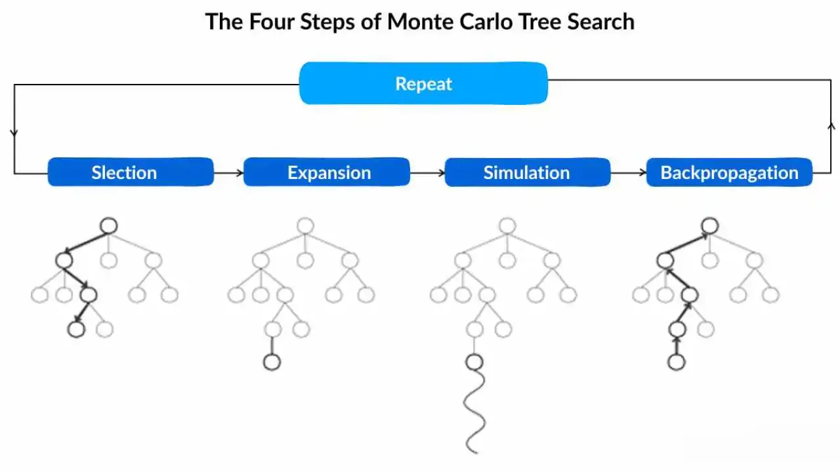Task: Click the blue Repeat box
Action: (423, 83)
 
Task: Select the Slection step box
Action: (131, 172)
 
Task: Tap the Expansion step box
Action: (327, 172)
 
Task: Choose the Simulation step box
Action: (528, 172)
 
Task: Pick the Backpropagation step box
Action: (729, 172)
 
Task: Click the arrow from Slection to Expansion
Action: (228, 173)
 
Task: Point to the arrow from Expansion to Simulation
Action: (427, 173)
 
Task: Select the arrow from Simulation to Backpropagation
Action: (628, 173)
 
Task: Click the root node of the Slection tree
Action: (109, 226)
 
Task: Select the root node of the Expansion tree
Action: (304, 226)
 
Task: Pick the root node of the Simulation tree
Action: (507, 226)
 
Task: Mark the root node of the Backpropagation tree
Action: (709, 226)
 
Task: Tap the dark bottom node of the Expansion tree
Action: (272, 362)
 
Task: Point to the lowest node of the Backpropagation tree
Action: (676, 362)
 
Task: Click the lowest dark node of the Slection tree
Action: (77, 329)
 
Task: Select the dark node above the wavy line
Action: (474, 362)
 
